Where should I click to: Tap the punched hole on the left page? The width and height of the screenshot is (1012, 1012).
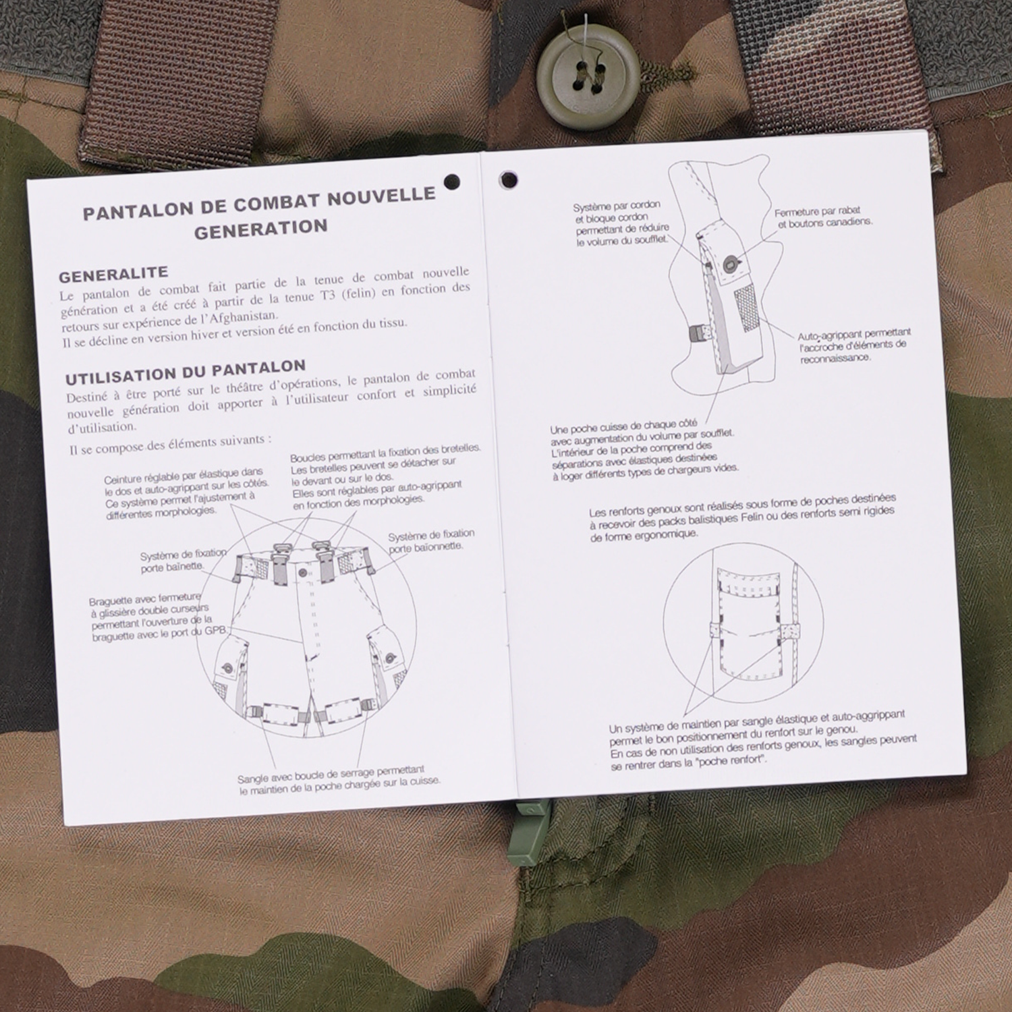452,181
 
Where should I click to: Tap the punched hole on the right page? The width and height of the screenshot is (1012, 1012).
508,180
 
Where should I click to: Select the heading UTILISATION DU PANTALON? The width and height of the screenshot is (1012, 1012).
186,371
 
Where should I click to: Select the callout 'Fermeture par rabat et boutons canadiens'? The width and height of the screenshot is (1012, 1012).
822,217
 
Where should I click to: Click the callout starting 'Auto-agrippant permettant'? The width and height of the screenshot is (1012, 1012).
854,345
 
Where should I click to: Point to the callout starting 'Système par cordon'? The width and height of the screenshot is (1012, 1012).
621,223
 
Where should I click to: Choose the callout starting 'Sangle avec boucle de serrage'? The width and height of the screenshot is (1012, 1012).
339,779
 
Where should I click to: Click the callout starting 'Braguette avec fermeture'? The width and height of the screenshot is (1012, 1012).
159,618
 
